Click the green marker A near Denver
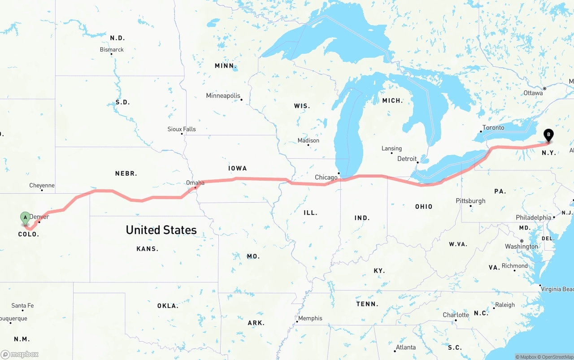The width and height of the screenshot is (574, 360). pyautogui.click(x=26, y=218)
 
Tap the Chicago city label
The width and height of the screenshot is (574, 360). pyautogui.click(x=326, y=178)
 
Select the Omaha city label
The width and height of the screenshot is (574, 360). pyautogui.click(x=195, y=183)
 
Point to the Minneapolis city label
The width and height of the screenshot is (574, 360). pyautogui.click(x=223, y=96)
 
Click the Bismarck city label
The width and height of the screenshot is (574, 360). pyautogui.click(x=112, y=50)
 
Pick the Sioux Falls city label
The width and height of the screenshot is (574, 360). pyautogui.click(x=182, y=129)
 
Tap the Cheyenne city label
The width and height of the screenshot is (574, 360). pyautogui.click(x=42, y=186)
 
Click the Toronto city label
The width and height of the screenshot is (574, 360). pyautogui.click(x=493, y=128)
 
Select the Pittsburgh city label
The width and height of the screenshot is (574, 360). pyautogui.click(x=470, y=201)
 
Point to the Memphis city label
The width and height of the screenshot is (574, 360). pyautogui.click(x=310, y=318)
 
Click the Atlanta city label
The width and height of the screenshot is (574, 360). pyautogui.click(x=405, y=347)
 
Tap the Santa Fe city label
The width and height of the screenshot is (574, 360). pyautogui.click(x=22, y=306)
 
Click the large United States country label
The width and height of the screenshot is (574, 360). pyautogui.click(x=161, y=230)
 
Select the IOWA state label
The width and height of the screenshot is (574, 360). pyautogui.click(x=238, y=168)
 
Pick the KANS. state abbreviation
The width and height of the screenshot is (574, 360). pyautogui.click(x=148, y=249)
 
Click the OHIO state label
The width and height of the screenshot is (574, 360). pyautogui.click(x=424, y=207)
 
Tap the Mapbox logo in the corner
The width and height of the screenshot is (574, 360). pyautogui.click(x=20, y=354)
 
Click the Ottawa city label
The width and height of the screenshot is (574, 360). pyautogui.click(x=533, y=93)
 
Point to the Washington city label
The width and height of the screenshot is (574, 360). pyautogui.click(x=521, y=247)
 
